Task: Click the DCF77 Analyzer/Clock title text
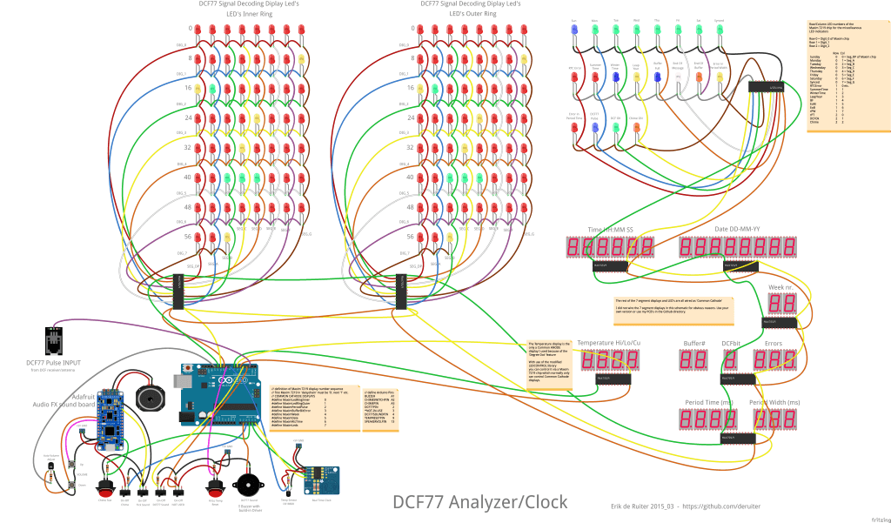tap(479, 502)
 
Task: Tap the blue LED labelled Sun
tap(574, 30)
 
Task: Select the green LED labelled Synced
tap(720, 30)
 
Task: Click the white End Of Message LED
tap(678, 77)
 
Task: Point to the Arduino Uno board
tap(218, 397)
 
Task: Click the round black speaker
tap(150, 399)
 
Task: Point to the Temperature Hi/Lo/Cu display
tap(596, 359)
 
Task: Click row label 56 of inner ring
tap(187, 236)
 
